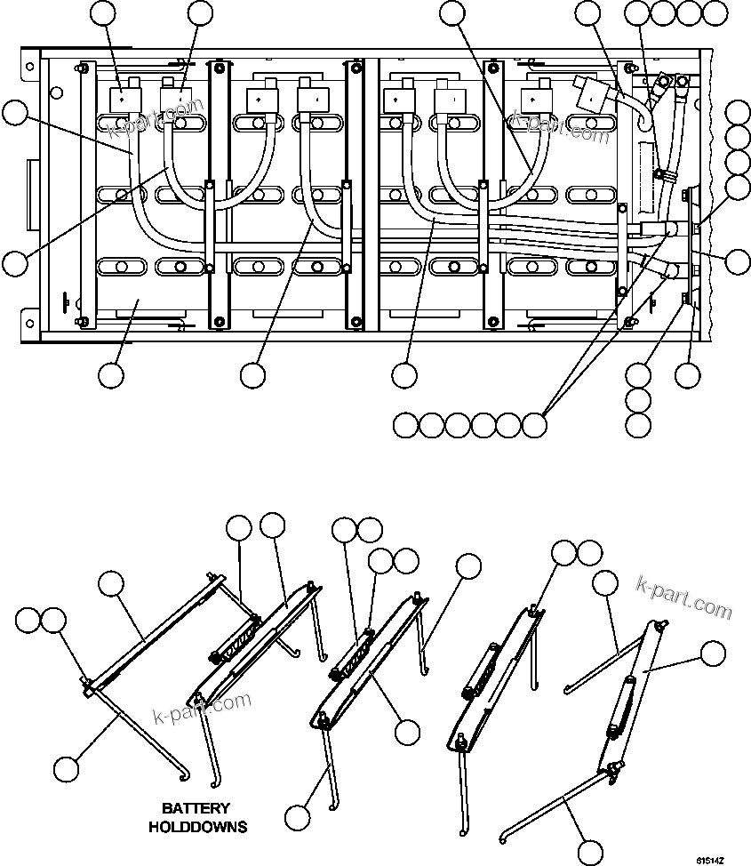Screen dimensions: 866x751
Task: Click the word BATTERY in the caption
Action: [x=196, y=808]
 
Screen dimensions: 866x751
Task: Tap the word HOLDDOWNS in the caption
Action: [x=197, y=827]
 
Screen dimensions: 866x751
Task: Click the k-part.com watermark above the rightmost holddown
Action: [x=684, y=597]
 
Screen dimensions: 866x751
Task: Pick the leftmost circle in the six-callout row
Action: [x=405, y=425]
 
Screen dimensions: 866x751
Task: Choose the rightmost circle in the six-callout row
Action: [x=533, y=425]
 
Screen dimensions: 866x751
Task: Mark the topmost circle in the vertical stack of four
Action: [x=738, y=111]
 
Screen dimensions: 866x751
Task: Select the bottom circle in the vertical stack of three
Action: [x=637, y=425]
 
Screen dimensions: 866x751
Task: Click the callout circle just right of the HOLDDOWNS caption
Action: [x=298, y=815]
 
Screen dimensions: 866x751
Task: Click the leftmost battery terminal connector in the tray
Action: [x=120, y=97]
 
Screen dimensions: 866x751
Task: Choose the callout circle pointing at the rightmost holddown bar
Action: [x=712, y=654]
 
